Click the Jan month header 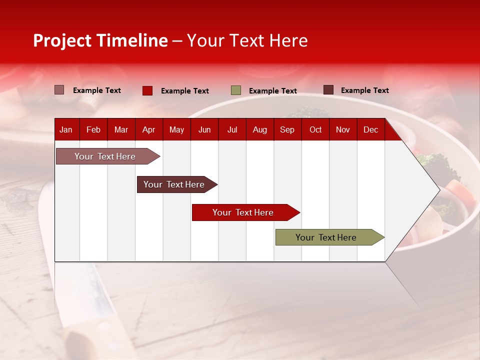pyautogui.click(x=66, y=130)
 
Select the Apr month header pyautogui.click(x=149, y=130)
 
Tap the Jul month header pyautogui.click(x=232, y=130)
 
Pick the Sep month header pyautogui.click(x=287, y=130)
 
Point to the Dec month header pyautogui.click(x=370, y=130)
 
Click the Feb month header pyautogui.click(x=93, y=130)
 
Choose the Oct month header pyautogui.click(x=315, y=130)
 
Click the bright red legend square pyautogui.click(x=147, y=90)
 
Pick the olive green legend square pyautogui.click(x=236, y=90)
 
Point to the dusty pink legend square pyautogui.click(x=59, y=90)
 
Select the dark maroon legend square pyautogui.click(x=328, y=90)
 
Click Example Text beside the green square pyautogui.click(x=273, y=91)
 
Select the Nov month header pyautogui.click(x=343, y=130)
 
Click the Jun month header pyautogui.click(x=204, y=130)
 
